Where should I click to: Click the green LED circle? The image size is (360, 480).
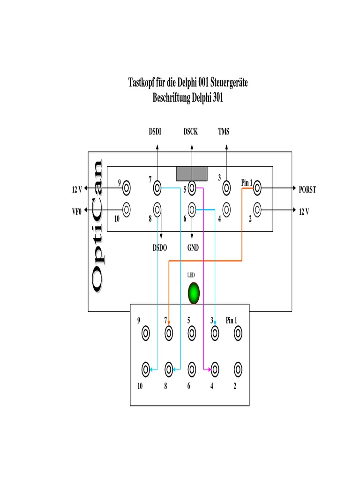(194, 293)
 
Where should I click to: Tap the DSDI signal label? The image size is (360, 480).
(156, 132)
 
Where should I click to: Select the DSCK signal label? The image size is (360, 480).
(191, 132)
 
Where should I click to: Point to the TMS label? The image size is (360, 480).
(224, 132)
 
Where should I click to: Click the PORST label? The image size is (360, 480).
(307, 190)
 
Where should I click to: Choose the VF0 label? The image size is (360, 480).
(76, 212)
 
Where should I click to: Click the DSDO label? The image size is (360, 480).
(159, 248)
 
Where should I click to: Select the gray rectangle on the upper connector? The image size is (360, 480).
(192, 173)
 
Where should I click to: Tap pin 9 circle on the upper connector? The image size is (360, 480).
(126, 188)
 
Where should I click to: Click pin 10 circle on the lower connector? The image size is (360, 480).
(146, 369)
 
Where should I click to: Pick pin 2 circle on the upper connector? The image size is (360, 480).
(257, 208)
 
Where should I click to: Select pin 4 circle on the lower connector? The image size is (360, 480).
(215, 369)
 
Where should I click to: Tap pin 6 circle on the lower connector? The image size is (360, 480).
(191, 369)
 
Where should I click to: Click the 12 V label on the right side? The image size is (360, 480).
(304, 212)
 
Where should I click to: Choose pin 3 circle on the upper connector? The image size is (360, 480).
(226, 188)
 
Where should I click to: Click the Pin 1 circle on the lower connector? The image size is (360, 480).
(238, 333)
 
